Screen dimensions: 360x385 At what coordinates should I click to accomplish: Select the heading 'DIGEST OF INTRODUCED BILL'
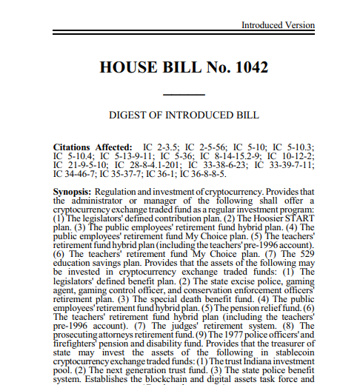[184, 116]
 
